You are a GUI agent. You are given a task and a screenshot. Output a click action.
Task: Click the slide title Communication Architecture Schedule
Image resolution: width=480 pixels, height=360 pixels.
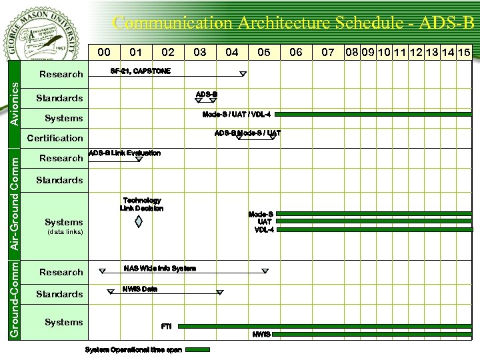[293, 23]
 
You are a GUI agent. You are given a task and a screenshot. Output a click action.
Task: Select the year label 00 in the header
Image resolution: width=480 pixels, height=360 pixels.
[104, 52]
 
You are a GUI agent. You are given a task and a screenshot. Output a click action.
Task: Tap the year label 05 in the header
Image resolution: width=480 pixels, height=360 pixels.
[264, 52]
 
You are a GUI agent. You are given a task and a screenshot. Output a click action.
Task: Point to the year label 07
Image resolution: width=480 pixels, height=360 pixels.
[328, 52]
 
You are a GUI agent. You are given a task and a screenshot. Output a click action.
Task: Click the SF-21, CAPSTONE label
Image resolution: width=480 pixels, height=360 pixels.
[140, 71]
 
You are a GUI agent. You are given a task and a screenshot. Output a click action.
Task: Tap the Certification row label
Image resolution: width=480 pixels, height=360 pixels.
[55, 138]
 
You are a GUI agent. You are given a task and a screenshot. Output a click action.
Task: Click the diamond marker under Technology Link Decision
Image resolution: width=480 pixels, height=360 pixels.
[139, 221]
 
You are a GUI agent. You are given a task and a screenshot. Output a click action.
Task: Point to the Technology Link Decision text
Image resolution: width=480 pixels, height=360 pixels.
[141, 204]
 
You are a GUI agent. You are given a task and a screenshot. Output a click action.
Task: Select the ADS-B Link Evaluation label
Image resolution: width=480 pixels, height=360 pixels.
[125, 153]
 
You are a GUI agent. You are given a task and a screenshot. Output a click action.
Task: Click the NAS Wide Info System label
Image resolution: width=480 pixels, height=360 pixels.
[160, 269]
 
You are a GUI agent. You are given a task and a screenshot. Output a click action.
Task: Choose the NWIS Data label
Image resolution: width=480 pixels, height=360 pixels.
[140, 289]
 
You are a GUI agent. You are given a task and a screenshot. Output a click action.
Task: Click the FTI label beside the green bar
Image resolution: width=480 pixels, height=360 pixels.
[167, 327]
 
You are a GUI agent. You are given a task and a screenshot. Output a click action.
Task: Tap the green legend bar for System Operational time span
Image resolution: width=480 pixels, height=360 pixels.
[197, 349]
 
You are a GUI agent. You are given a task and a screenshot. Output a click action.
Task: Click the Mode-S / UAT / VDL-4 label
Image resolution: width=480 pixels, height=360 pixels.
[236, 115]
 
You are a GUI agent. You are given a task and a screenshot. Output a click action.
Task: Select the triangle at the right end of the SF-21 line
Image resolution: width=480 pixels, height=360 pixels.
[243, 74]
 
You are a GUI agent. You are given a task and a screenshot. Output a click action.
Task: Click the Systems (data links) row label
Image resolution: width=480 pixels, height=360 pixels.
[63, 225]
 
